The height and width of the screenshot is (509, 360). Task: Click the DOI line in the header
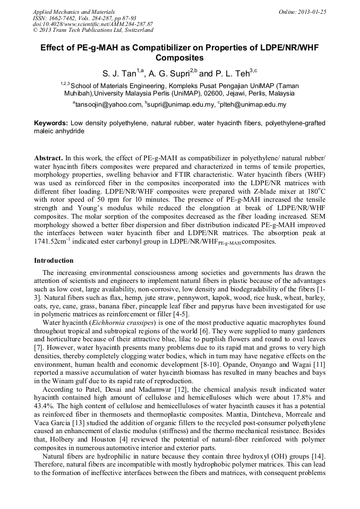point(93,24)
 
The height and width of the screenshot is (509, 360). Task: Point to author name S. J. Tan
point(119,74)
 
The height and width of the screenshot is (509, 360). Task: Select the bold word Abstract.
point(48,158)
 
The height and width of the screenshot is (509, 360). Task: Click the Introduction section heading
point(54,261)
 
